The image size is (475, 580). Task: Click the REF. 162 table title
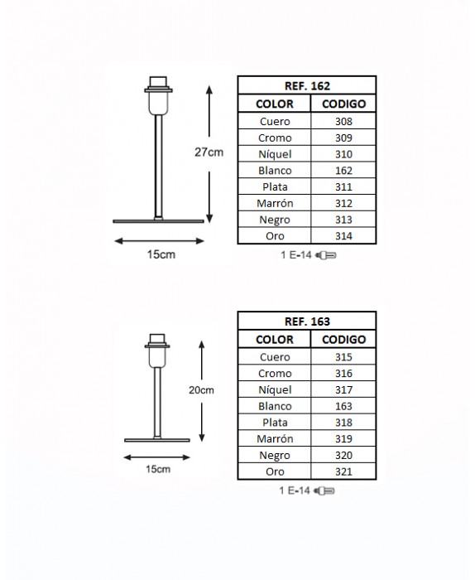point(307,86)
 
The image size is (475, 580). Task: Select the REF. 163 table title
point(307,321)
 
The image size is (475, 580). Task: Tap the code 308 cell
point(343,121)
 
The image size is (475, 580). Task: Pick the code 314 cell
point(343,236)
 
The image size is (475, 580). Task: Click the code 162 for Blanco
point(343,171)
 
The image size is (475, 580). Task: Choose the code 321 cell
point(343,471)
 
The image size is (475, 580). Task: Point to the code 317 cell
point(343,390)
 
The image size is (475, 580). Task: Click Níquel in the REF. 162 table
point(275,154)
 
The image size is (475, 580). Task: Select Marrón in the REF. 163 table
point(275,438)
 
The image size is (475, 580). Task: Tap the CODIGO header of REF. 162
point(343,104)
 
